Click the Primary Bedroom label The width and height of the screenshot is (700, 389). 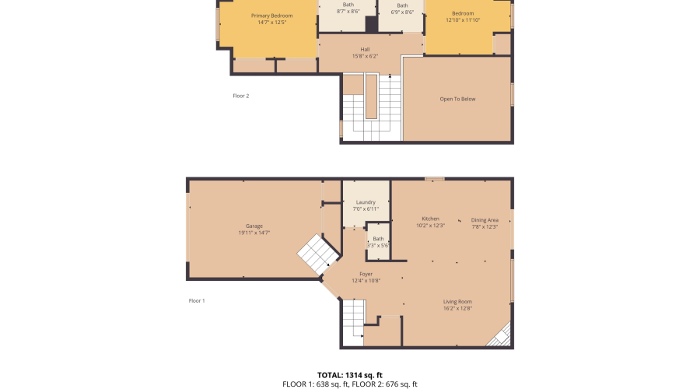pos(272,16)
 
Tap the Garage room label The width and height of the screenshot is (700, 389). pos(254,226)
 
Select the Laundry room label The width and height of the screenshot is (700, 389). pos(366,202)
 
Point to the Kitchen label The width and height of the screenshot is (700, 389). pos(430,219)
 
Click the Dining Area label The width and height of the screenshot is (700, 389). pos(485,220)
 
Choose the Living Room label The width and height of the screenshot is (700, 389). pos(457,301)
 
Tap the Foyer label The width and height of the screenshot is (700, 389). pos(366,274)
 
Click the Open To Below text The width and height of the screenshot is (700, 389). pos(457,99)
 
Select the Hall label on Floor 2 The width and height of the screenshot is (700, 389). pos(366,50)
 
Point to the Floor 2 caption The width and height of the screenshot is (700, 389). pos(241,96)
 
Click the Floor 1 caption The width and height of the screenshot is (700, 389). pos(197,300)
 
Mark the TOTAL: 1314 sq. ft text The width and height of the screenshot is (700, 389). pos(350,375)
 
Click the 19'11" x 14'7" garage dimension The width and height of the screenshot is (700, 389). pos(254,233)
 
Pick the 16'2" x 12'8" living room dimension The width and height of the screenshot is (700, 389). pos(457,308)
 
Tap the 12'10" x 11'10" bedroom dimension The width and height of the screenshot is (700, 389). pos(463,20)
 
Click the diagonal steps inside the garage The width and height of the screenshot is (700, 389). pos(319,254)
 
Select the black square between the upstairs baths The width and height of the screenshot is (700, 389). pos(372,24)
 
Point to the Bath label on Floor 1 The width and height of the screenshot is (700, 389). pos(378,239)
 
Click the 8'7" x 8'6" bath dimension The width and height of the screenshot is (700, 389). pos(348,12)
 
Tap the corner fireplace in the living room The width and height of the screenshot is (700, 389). pos(500,336)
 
